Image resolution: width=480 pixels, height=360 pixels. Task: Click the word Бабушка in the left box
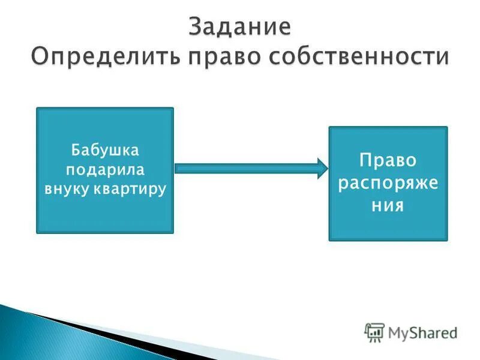105,148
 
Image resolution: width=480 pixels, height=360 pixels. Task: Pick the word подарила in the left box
105,169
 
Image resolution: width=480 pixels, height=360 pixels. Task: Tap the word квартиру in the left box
130,189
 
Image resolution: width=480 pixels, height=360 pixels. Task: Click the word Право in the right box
388,161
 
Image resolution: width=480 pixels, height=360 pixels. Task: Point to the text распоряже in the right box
388,182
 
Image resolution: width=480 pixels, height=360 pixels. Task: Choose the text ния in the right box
388,205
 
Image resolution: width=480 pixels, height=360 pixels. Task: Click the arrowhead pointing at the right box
320,169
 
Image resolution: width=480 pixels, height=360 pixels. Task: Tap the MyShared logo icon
374,332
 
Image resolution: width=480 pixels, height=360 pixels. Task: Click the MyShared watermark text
422,332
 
